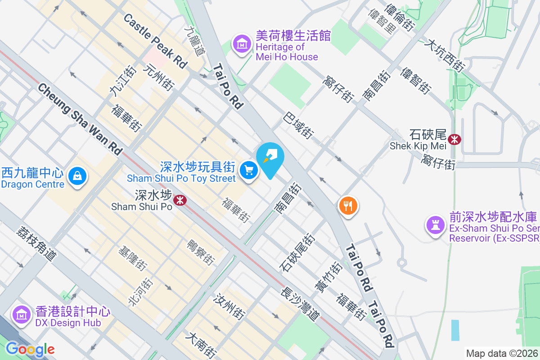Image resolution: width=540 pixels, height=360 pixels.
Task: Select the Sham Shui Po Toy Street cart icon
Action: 248,170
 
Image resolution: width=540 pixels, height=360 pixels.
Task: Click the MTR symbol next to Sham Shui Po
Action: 180,200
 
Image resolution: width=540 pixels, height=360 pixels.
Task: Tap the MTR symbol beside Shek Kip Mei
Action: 454,139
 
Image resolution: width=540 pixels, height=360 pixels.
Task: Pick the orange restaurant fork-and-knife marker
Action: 348,206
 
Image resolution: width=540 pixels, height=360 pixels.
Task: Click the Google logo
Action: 30,349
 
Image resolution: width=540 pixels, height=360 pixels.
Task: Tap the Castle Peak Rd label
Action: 155,41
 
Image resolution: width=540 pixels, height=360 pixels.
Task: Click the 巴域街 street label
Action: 298,126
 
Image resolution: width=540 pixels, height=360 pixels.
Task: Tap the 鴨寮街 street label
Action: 201,252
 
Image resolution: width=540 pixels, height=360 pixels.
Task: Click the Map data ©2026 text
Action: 501,353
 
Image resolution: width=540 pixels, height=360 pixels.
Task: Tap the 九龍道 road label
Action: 195,40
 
